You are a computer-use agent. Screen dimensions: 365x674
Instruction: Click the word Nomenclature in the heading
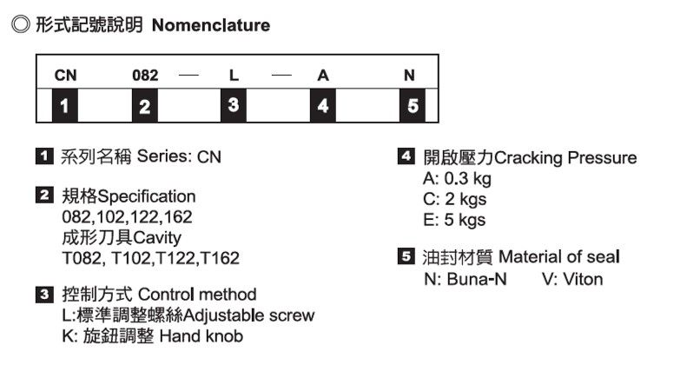pos(211,25)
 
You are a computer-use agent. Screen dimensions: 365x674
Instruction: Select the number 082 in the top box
pos(145,76)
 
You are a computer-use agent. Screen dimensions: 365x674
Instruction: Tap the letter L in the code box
pos(234,76)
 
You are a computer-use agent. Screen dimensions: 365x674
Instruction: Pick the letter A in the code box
pos(322,76)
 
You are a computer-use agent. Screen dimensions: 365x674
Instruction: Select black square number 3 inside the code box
pos(234,106)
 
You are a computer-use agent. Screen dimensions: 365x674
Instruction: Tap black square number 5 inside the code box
pos(412,107)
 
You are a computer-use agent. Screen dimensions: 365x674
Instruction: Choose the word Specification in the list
pos(146,196)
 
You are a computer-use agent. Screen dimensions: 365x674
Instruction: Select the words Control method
pos(205,295)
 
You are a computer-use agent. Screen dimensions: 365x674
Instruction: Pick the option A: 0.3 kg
pos(457,179)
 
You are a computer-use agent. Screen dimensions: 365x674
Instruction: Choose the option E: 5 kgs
pos(453,220)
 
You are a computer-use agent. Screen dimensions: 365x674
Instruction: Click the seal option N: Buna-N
pos(464,279)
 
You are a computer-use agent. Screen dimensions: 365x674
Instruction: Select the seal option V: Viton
pos(572,279)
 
